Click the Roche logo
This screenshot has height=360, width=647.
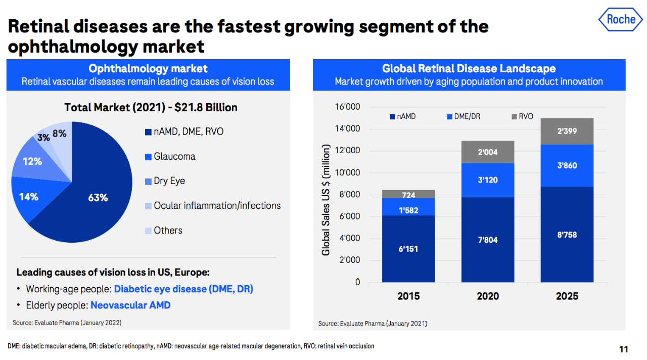point(621,20)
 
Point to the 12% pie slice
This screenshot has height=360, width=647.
point(33,162)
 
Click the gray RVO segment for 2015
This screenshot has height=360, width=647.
point(408,194)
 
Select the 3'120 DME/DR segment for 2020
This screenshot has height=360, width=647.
point(487,180)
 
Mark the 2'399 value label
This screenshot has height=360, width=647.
point(567,131)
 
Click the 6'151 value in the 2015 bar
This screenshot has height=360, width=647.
point(408,249)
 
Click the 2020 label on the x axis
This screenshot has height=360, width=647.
point(488,296)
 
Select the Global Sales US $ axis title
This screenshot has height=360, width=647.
point(326,200)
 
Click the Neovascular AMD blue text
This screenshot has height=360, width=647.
point(130,305)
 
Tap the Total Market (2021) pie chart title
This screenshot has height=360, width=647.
point(151,107)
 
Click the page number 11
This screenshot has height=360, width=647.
point(623,349)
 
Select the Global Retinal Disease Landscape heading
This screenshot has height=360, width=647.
point(469,68)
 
